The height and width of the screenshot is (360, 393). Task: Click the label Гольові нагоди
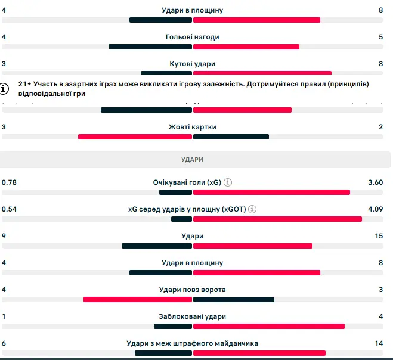(192, 37)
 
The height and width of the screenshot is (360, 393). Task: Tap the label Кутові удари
(192, 64)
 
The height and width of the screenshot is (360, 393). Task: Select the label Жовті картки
(192, 127)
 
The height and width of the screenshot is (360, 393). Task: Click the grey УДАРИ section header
(192, 160)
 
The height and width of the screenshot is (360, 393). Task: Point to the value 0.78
(9, 182)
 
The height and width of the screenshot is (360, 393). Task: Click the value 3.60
(375, 182)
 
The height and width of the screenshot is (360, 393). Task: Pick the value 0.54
(9, 209)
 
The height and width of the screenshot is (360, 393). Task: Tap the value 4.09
(375, 209)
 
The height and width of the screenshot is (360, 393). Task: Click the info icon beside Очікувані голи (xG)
(228, 182)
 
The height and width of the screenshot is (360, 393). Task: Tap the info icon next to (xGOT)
(252, 209)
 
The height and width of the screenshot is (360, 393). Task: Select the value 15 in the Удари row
(379, 236)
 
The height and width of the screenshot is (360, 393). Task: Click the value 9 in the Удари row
(4, 236)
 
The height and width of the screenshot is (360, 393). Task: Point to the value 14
(379, 343)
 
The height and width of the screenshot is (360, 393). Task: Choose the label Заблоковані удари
(192, 316)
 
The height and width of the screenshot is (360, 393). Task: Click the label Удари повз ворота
(192, 290)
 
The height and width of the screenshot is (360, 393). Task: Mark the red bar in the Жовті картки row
(135, 136)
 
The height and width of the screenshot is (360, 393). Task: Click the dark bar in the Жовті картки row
(231, 136)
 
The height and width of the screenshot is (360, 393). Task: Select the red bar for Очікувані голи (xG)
(271, 192)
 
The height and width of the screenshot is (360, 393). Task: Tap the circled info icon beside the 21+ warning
(5, 89)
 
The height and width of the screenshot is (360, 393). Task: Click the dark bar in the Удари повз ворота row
(233, 299)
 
